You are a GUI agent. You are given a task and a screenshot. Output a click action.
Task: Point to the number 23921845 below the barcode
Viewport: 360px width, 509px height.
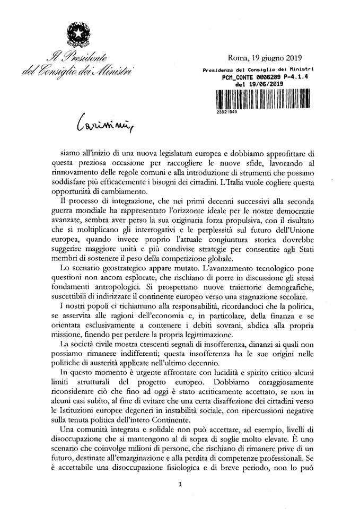point(226,112)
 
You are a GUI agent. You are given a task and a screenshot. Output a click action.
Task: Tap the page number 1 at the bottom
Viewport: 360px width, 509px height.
point(181,484)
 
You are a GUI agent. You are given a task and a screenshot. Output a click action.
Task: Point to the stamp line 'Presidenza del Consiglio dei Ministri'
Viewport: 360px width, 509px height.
point(258,69)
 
